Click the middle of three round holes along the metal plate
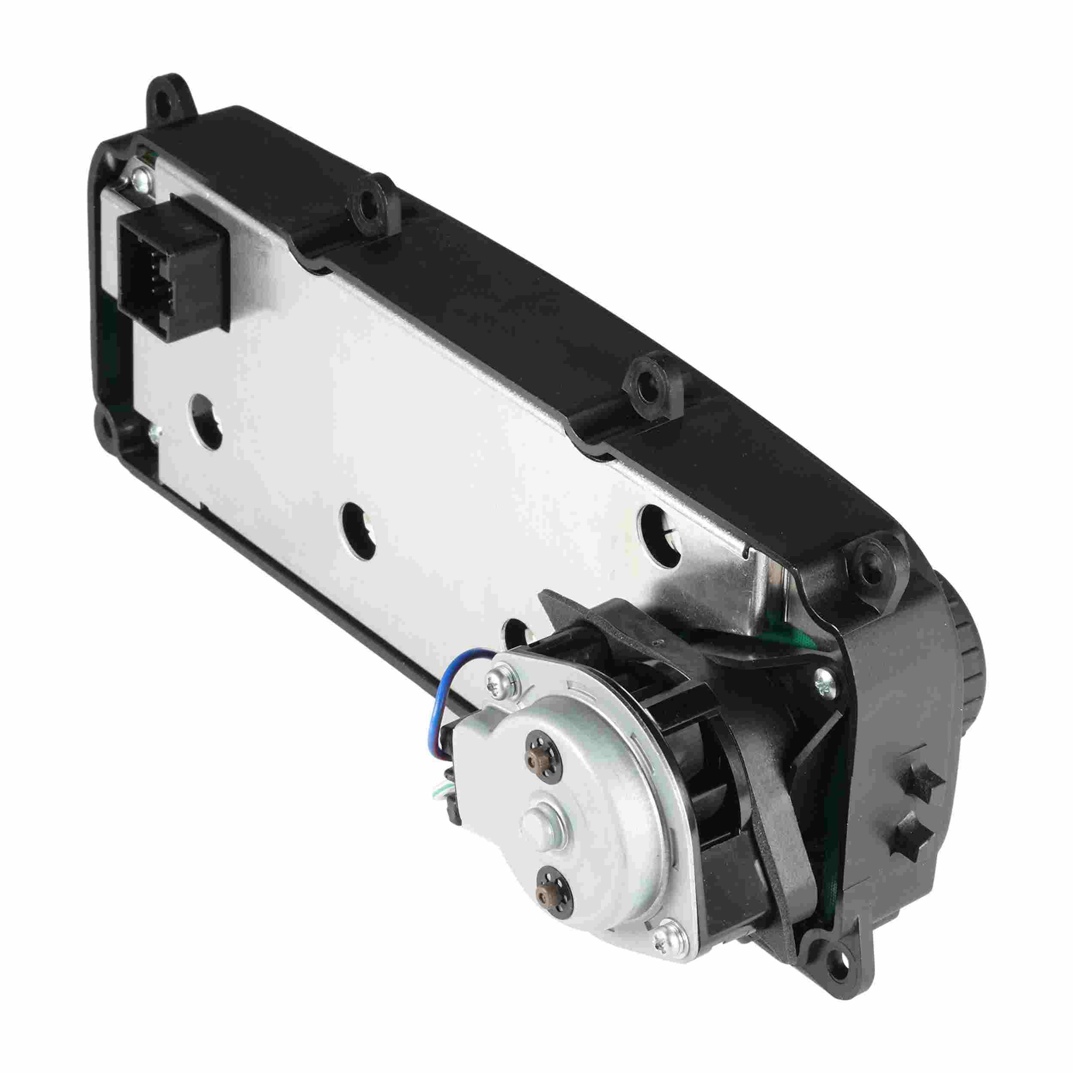(x=357, y=525)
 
